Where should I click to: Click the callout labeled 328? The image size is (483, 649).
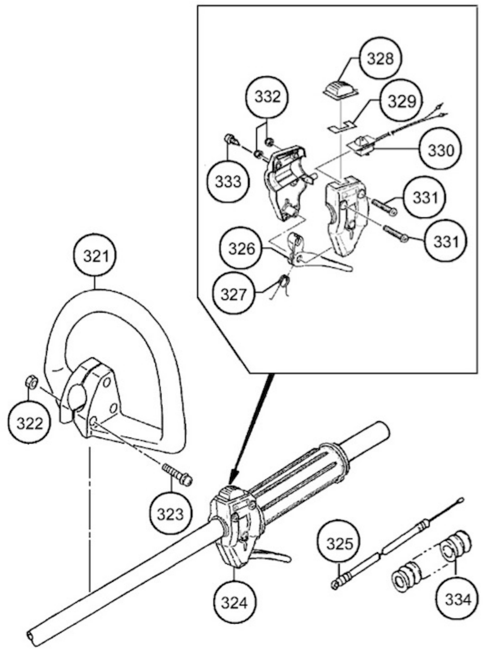click(380, 59)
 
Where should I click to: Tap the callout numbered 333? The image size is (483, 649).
click(228, 182)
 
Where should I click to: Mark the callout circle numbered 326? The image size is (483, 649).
click(242, 249)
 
